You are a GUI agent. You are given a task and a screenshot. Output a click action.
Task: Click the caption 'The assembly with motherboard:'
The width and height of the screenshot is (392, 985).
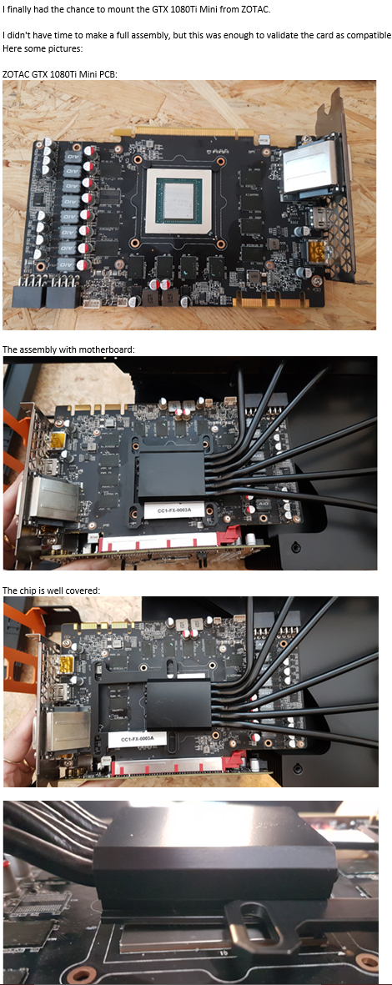pyautogui.click(x=68, y=349)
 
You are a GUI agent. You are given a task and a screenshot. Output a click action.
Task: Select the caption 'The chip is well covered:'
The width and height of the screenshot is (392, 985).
pyautogui.click(x=51, y=590)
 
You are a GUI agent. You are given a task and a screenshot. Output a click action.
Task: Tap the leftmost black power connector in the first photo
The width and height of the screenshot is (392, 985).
pyautogui.click(x=29, y=294)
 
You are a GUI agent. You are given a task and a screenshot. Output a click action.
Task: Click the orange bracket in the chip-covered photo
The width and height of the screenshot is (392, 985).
pyautogui.click(x=17, y=661)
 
